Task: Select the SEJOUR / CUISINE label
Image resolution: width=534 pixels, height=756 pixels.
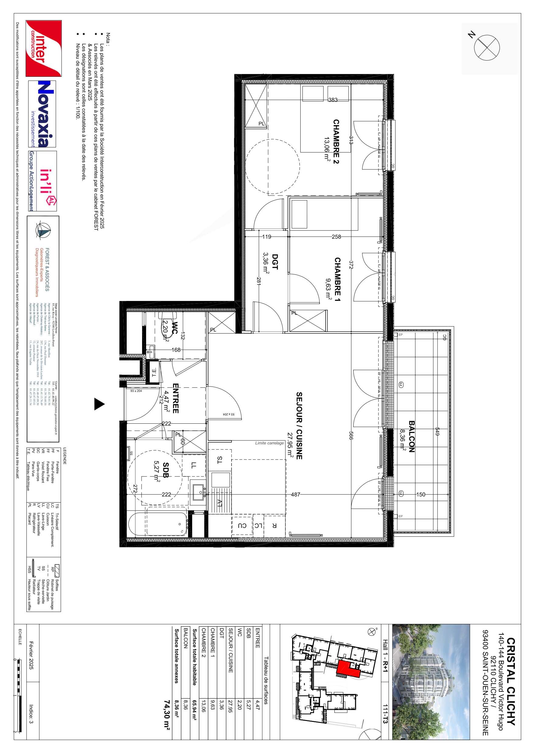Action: [x=299, y=425]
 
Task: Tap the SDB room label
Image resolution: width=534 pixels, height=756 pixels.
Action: [x=166, y=471]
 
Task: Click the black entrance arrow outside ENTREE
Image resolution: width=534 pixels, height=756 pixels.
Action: [x=99, y=404]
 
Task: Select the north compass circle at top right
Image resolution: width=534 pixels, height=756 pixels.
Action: [x=487, y=47]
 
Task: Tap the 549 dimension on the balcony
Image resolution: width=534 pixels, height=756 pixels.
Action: [x=437, y=432]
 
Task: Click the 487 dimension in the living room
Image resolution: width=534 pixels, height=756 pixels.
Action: [x=295, y=494]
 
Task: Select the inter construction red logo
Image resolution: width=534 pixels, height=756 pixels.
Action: [x=44, y=48]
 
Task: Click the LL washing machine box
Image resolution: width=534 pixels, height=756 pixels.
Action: [x=194, y=465]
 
